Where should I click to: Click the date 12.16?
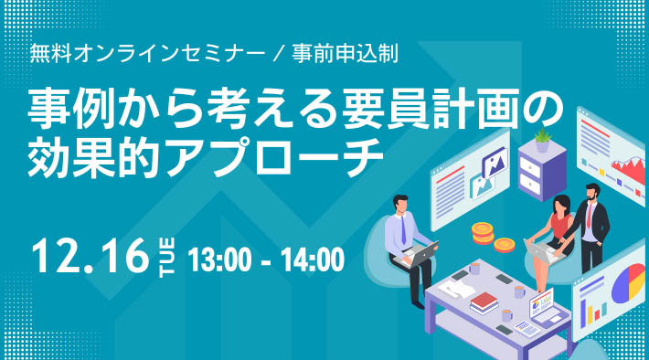coord(88,257)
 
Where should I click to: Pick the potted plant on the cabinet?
coord(543,140)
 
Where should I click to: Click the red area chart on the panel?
coord(629,169)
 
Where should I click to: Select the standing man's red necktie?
coord(590,219)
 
